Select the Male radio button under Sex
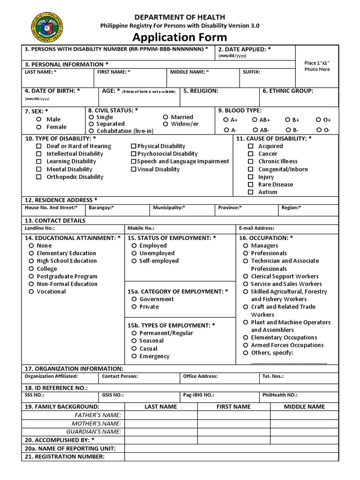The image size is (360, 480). (39, 119)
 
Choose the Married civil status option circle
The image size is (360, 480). (166, 117)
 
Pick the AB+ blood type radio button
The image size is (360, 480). (255, 120)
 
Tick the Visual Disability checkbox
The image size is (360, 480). (134, 169)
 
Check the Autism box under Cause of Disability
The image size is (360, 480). (251, 192)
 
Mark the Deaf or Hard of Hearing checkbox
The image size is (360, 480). (39, 146)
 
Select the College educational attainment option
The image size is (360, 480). (31, 269)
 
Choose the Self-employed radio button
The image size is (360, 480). (134, 261)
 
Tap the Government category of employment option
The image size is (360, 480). (134, 299)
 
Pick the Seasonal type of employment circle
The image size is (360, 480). (134, 341)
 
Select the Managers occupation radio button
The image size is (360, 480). (245, 246)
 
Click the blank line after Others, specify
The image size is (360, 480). (289, 362)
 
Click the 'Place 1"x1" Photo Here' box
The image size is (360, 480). (317, 66)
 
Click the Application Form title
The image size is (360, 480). (180, 37)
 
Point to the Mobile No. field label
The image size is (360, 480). (141, 228)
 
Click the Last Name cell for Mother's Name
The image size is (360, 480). (161, 423)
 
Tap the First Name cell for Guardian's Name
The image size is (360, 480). (233, 432)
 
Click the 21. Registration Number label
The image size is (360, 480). (65, 457)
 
